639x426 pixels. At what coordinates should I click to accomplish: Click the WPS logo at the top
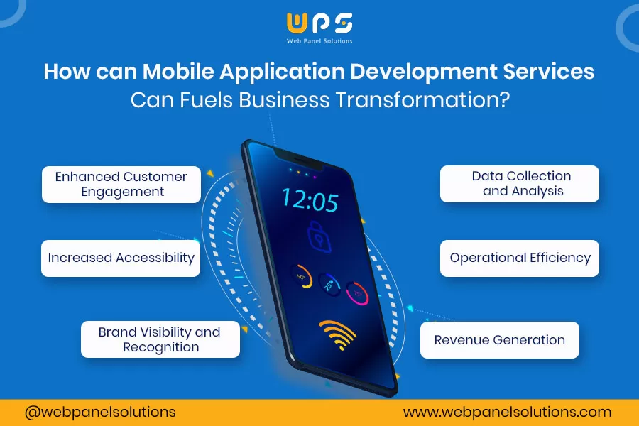click(x=319, y=23)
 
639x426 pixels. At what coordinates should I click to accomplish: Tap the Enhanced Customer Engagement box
click(x=121, y=185)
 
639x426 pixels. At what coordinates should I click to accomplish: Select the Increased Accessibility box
click(x=121, y=258)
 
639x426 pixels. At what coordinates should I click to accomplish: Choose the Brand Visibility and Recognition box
click(x=160, y=339)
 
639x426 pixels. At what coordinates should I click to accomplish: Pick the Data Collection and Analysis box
click(x=520, y=183)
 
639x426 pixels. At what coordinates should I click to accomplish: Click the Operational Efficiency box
click(x=520, y=258)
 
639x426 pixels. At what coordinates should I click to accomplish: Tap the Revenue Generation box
click(x=500, y=339)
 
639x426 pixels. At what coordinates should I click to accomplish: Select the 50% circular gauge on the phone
click(x=301, y=277)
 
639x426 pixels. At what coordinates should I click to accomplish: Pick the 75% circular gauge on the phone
click(x=357, y=293)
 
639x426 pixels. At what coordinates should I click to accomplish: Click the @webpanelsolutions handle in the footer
click(x=100, y=412)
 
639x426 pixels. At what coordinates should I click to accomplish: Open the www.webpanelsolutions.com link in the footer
click(x=507, y=412)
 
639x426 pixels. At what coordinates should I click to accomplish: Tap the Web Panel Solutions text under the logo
click(x=319, y=41)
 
